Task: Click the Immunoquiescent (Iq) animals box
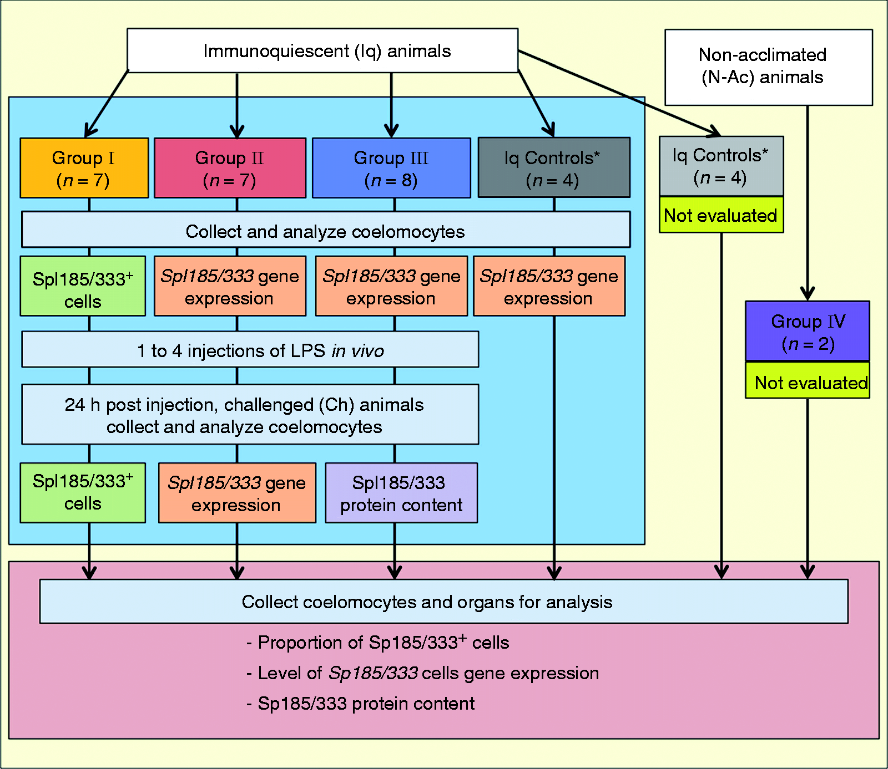click(322, 50)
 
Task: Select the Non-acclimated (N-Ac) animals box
click(769, 67)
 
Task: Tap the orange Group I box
click(84, 168)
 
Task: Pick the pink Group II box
click(230, 168)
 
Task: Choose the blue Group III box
click(391, 168)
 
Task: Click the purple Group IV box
click(808, 331)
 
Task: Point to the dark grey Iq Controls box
click(554, 167)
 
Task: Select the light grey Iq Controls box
click(722, 166)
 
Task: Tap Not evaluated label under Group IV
click(808, 380)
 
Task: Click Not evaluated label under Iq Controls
click(722, 215)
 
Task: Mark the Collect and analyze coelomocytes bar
click(326, 230)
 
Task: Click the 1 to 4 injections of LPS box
click(250, 349)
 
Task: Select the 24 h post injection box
click(250, 414)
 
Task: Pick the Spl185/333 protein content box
click(401, 493)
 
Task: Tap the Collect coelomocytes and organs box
click(444, 602)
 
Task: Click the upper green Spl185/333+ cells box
click(83, 286)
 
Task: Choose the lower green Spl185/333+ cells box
click(83, 493)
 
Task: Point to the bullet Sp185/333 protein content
click(361, 704)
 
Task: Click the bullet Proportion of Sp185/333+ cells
click(378, 642)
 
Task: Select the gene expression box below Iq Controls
click(549, 286)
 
